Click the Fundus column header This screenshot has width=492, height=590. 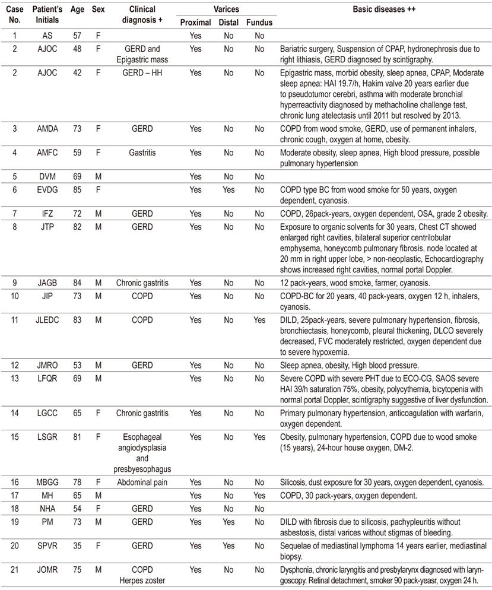(259, 23)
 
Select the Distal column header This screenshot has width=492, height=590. (228, 23)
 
